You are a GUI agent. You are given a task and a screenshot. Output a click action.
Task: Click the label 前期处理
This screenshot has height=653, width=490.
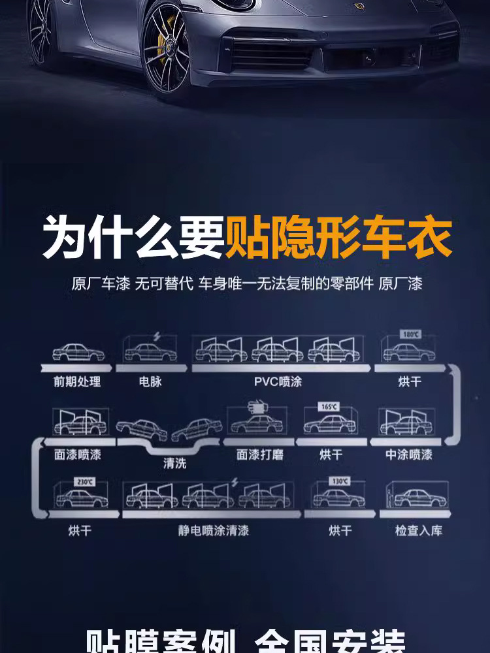77,382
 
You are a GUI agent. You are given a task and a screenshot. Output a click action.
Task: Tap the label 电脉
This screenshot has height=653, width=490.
150,382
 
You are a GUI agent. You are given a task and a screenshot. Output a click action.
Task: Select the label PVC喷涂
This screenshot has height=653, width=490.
278,382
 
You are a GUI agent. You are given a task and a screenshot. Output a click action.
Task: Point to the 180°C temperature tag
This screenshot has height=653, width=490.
410,334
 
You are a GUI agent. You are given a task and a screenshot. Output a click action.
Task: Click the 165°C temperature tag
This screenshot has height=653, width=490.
329,406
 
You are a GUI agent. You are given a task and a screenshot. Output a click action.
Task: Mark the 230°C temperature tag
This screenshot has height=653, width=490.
85,481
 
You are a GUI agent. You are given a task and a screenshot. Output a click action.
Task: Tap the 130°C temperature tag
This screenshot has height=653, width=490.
338,481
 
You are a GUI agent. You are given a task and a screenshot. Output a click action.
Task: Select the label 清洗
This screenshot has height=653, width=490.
174,464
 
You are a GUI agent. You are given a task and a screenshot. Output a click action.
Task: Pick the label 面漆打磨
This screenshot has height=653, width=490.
260,454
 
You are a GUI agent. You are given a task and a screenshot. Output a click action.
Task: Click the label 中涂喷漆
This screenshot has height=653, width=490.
409,454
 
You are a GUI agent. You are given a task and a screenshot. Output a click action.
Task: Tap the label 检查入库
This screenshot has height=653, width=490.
419,530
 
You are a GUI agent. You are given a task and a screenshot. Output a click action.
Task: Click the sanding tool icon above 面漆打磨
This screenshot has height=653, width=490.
259,407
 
